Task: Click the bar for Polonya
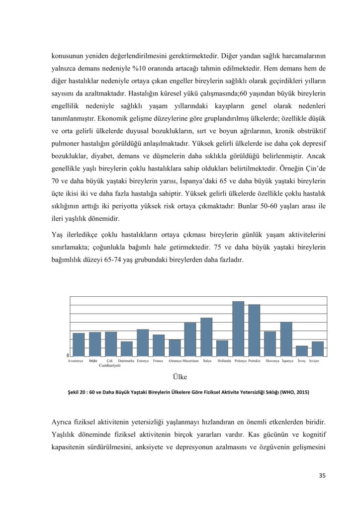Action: point(238,329)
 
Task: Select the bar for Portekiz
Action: point(254,331)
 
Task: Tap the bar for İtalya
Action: point(206,337)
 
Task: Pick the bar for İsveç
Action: point(302,351)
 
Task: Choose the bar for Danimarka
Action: point(127,349)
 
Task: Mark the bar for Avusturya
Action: point(79,344)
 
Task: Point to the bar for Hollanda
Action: point(222,348)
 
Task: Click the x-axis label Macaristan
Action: point(190,360)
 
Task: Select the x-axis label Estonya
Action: point(143,360)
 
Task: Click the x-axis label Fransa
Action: point(158,360)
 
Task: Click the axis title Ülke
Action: point(180,377)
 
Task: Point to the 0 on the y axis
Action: point(68,355)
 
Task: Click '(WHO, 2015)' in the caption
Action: point(294,392)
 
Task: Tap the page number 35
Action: point(322,476)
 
